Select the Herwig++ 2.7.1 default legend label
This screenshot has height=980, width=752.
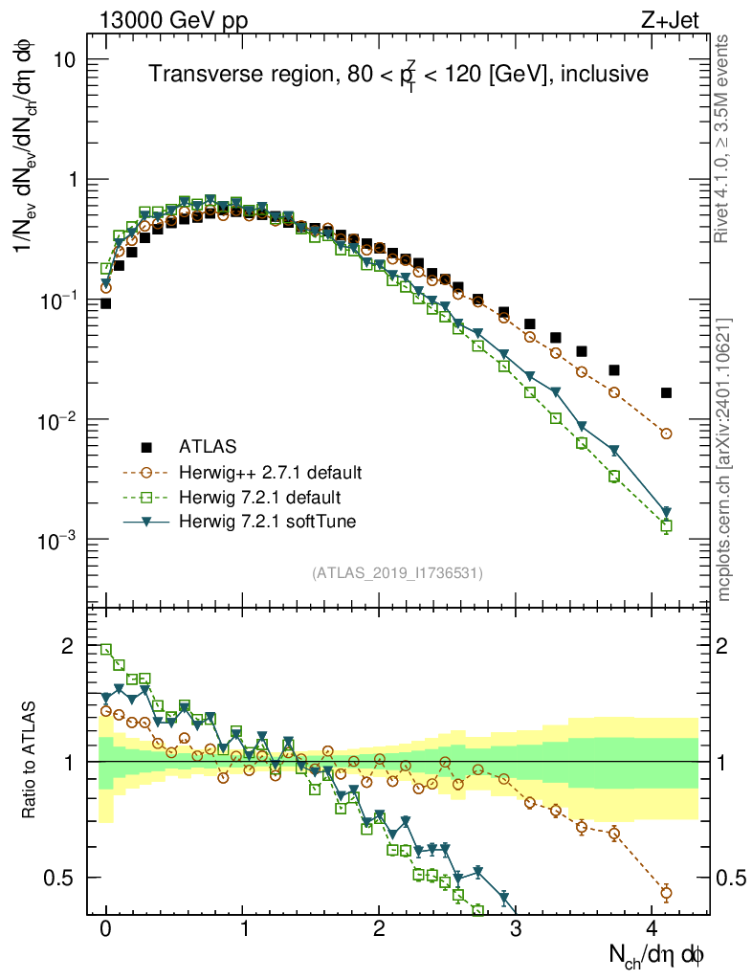(x=270, y=472)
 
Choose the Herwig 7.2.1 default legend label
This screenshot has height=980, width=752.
(x=260, y=497)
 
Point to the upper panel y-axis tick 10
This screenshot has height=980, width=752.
(x=63, y=59)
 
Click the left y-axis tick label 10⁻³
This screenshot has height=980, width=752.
(x=57, y=541)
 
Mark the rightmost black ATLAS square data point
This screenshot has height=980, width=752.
(x=667, y=392)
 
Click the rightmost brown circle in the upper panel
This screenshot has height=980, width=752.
(x=667, y=434)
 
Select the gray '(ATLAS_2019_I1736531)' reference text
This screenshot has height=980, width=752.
(x=397, y=573)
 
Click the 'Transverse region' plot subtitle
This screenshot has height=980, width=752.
(x=399, y=74)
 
